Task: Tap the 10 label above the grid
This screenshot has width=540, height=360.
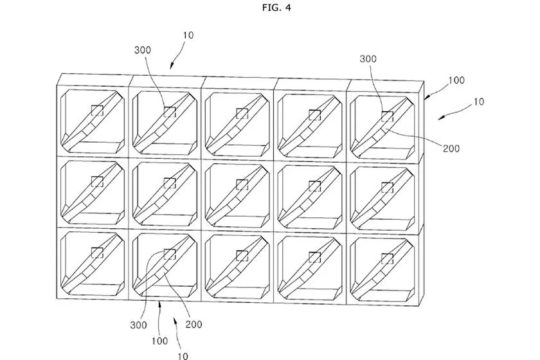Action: coord(188,35)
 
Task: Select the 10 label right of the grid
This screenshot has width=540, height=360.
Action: coord(478,102)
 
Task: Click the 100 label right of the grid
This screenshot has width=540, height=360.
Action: coord(456,81)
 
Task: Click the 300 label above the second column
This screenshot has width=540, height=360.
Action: coord(143,49)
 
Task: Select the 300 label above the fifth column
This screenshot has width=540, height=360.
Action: coord(368,58)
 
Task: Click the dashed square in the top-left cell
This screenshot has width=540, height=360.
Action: coord(97,110)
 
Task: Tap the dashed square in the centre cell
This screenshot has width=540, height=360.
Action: coord(242,185)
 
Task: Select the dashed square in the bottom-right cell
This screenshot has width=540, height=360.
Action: coord(387,258)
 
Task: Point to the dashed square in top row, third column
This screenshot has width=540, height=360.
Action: coord(242,114)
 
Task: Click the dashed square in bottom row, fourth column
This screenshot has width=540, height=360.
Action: coord(315,257)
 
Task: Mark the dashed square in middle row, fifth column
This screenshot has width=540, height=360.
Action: coord(387,187)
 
